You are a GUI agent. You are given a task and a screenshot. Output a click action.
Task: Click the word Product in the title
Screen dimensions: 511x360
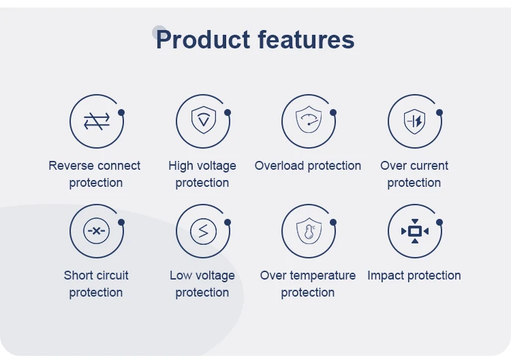pos(203,40)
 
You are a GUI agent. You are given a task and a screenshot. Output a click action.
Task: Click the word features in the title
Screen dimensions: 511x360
pos(306,40)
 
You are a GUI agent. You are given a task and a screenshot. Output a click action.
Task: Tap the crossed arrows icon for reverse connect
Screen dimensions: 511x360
pos(97,121)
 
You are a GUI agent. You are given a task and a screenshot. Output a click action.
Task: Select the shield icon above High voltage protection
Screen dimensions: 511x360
pos(203,120)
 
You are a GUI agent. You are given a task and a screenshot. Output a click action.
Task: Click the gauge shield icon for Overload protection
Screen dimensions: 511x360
pos(309,119)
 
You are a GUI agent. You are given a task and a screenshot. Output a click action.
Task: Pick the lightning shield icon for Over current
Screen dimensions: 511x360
pos(414,121)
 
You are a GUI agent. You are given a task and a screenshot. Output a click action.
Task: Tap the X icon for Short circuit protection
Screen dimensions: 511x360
pos(97,231)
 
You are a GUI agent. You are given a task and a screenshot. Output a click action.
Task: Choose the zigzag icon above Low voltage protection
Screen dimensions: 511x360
pos(203,231)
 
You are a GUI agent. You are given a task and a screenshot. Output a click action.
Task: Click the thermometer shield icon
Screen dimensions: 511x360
pos(309,231)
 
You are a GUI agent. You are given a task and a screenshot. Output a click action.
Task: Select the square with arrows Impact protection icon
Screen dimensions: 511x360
pos(415,231)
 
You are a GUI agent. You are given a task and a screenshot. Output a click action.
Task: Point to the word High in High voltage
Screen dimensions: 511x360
pos(181,166)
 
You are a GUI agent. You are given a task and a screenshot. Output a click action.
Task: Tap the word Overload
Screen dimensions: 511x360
pos(279,166)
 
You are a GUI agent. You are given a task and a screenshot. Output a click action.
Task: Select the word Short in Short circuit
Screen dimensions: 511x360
pos(78,275)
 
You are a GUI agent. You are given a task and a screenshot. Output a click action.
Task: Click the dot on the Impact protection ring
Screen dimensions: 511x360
pos(439,222)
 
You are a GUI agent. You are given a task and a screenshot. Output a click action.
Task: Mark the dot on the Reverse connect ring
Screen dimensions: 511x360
pos(121,112)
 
